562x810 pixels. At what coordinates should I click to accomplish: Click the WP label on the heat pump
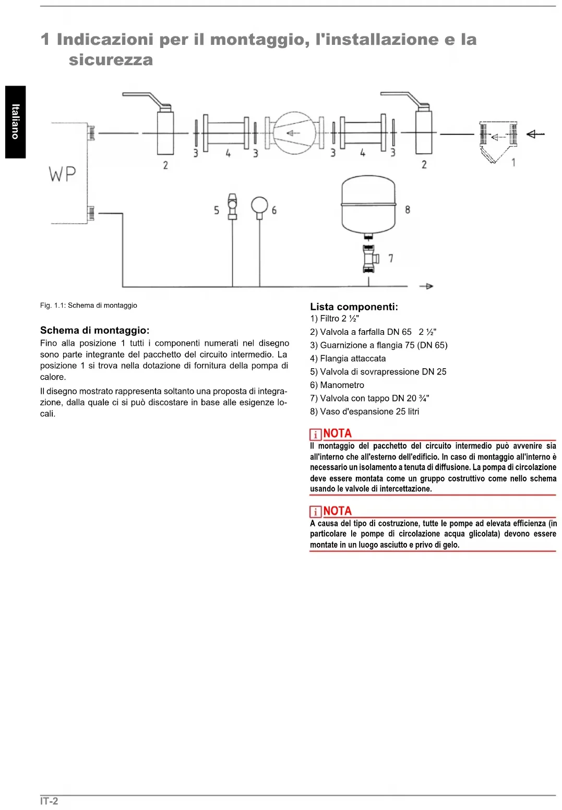pos(63,174)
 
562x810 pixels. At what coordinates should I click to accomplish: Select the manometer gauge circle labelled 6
pos(259,205)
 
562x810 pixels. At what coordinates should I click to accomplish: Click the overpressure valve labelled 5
pos(232,206)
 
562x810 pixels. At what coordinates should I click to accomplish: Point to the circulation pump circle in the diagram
pos(295,133)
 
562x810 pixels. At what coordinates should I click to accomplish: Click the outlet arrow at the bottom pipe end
pos(426,286)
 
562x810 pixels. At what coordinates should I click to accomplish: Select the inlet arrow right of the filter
pos(535,134)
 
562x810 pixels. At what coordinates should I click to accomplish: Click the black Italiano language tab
pos(16,122)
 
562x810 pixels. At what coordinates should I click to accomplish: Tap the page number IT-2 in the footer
pos(49,801)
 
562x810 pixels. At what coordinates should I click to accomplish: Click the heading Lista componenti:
pos(354,307)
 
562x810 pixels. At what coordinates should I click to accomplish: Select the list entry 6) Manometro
pos(337,385)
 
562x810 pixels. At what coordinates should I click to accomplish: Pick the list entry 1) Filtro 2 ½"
pos(334,319)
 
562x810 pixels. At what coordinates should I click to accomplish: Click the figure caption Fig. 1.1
pos(88,306)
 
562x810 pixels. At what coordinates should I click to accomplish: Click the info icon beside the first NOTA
pos(315,434)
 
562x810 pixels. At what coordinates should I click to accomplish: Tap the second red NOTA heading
pos(337,511)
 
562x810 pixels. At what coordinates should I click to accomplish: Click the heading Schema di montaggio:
pos(94,330)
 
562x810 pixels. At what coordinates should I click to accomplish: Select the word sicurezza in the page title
pos(111,60)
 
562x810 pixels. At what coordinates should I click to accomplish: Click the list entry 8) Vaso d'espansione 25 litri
pos(364,412)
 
